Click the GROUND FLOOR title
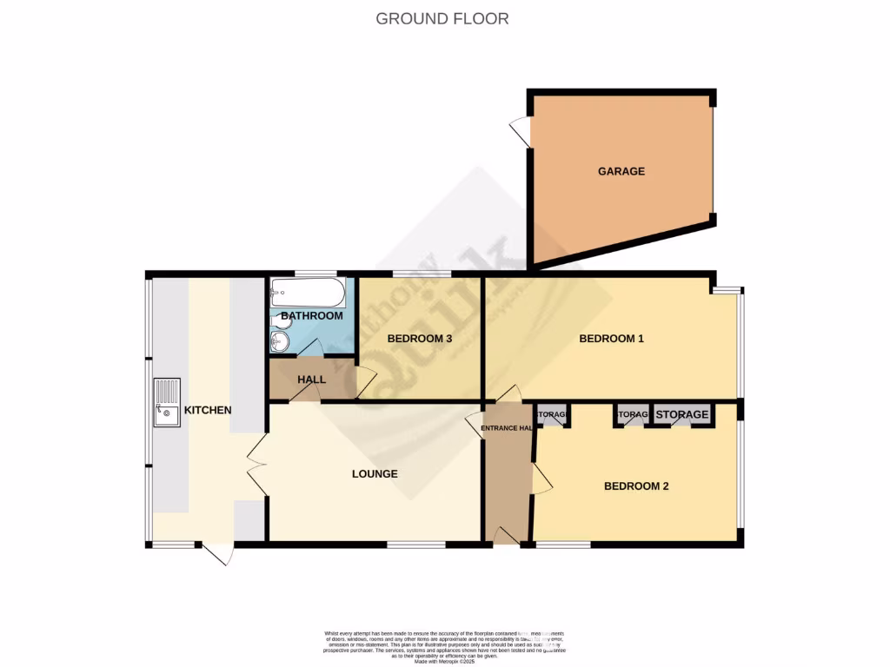tap(442, 18)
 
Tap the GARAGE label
tap(621, 171)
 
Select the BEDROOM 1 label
tap(611, 338)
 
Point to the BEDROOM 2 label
tap(636, 486)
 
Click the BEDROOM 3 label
tap(419, 338)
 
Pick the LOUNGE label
tap(375, 474)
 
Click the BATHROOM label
tap(311, 315)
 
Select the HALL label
tap(311, 380)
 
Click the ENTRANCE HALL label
tap(507, 428)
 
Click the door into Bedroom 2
tap(541, 477)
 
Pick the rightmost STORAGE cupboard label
tap(681, 415)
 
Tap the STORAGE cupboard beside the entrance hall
tap(552, 415)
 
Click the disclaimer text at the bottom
tap(444, 647)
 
